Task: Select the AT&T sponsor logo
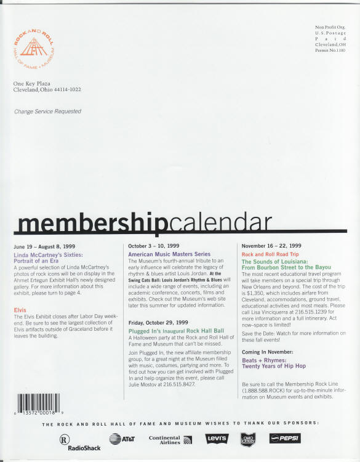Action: pos(121,439)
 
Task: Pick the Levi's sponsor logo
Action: pos(216,439)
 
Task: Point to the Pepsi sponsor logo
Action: pos(286,439)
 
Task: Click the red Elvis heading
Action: pos(20,309)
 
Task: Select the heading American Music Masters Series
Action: pos(169,254)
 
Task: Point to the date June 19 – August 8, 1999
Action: pos(44,246)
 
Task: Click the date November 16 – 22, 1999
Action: pos(271,246)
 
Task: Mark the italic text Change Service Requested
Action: pos(47,111)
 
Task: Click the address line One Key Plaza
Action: pos(31,83)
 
